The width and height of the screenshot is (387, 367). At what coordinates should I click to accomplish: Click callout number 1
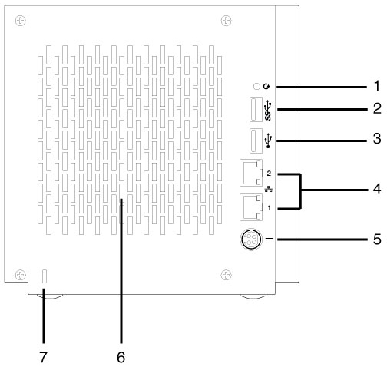coord(376,86)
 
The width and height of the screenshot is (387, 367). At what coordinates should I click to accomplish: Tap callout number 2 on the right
coord(377,108)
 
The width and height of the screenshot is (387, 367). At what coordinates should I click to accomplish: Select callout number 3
coord(377,138)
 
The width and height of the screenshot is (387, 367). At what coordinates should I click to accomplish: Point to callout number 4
coord(377,190)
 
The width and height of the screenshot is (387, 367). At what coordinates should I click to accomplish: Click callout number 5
coord(377,240)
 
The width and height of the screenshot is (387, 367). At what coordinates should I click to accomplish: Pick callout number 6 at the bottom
coord(121,357)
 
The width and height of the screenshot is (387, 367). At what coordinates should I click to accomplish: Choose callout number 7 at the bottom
coord(43,357)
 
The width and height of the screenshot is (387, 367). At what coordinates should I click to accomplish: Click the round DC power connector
coord(251,240)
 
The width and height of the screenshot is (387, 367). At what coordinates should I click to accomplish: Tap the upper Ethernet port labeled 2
coord(251,173)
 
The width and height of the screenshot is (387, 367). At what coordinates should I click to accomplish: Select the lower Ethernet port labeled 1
coord(251,207)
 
